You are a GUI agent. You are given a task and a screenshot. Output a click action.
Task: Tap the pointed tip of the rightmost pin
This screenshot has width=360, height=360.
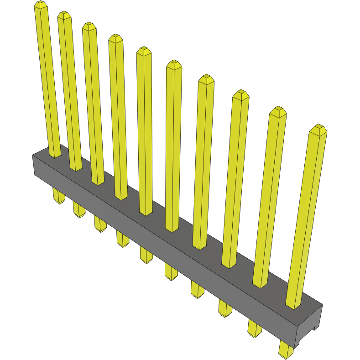click(x=318, y=128)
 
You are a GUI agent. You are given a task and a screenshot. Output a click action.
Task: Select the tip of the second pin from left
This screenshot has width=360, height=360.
click(x=64, y=15)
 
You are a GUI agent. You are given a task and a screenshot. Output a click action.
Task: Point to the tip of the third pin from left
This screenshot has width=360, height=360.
click(x=89, y=26)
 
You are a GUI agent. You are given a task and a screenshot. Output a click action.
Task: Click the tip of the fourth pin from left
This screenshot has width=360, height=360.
click(x=115, y=38)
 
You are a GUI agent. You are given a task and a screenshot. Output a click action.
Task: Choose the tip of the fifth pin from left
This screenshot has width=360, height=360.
click(x=144, y=50)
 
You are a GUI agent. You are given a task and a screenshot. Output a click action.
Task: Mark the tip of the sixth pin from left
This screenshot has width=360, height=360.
click(x=174, y=64)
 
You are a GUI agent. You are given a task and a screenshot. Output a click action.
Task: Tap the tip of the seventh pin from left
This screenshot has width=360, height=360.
click(x=206, y=78)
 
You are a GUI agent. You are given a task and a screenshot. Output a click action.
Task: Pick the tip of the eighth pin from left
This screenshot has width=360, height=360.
click(x=240, y=94)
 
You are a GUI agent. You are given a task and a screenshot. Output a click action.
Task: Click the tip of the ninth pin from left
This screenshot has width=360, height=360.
click(x=277, y=110)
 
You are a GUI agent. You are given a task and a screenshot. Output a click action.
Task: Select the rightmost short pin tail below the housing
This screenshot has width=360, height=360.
click(x=286, y=350)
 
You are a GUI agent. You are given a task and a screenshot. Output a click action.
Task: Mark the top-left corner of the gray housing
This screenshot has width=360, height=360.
click(x=33, y=156)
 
